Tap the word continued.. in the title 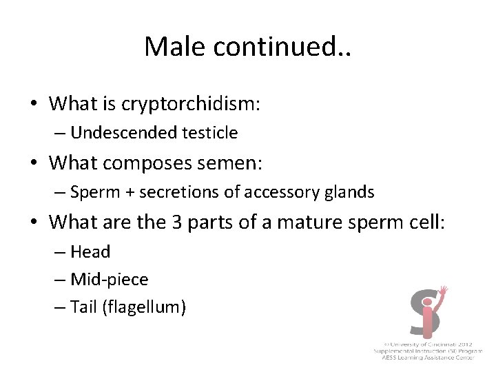coord(285,46)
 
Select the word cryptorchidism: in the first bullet coord(191,104)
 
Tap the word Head coord(90,252)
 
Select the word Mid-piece coord(109,279)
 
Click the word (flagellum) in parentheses coord(143,307)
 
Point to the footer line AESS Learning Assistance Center coord(428,358)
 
